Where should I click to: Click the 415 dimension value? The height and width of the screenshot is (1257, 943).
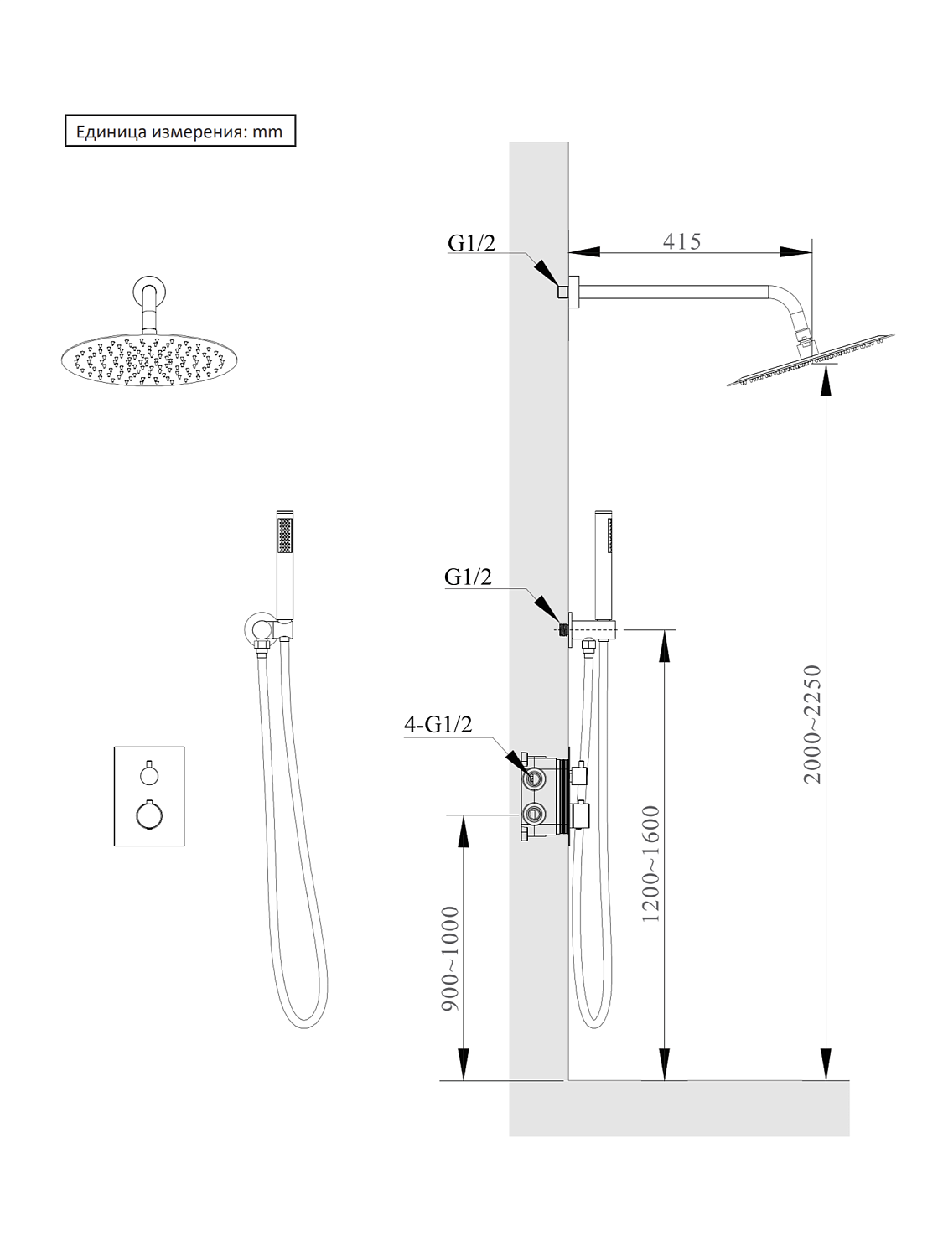click(682, 241)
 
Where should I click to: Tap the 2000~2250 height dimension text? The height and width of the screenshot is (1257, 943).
click(812, 724)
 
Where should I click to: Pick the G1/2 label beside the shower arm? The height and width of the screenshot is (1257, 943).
click(471, 243)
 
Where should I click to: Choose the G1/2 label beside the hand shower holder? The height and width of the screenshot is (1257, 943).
click(468, 577)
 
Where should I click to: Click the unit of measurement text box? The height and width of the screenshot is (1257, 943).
click(180, 131)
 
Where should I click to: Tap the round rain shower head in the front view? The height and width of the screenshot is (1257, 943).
click(144, 360)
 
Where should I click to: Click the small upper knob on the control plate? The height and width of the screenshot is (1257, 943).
click(149, 776)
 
